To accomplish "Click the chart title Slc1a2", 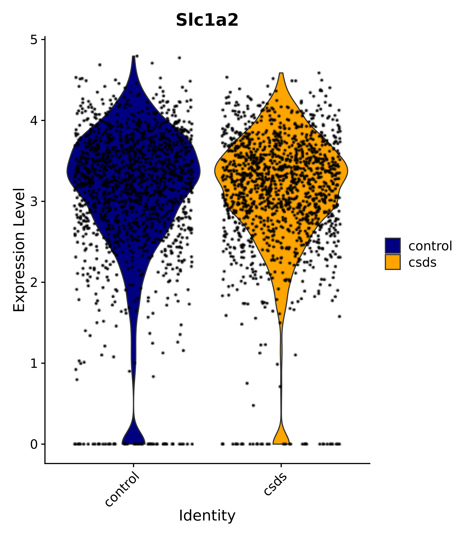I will click(x=207, y=20).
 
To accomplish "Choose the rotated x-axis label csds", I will click(x=275, y=484).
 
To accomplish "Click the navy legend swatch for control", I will click(x=392, y=245).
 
